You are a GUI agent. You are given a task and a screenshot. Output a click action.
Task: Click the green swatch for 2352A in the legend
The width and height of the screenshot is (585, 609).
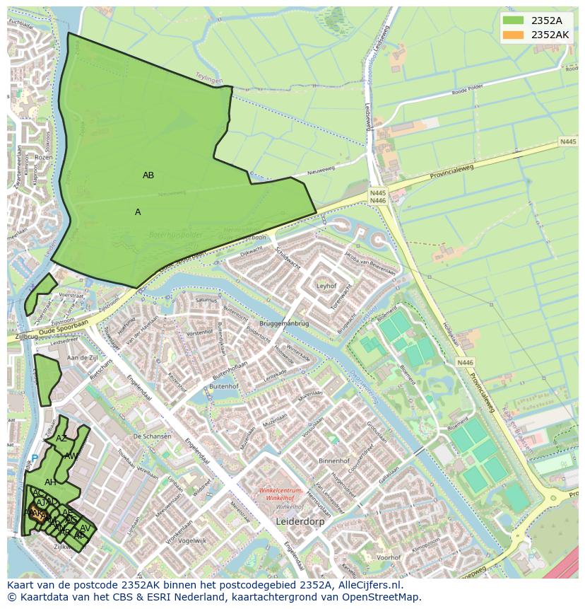coord(514,21)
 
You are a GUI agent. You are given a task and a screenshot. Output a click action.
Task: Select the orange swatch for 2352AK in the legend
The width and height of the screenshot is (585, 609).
coord(514,35)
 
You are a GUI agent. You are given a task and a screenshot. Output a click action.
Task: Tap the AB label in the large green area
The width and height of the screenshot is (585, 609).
coord(148,175)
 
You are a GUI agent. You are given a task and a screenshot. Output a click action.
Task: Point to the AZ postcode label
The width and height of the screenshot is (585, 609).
coord(61,439)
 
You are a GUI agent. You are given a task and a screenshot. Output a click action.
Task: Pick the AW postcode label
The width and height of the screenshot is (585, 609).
coord(71,456)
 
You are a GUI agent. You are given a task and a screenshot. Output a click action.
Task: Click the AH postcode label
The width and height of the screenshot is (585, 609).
coord(50,482)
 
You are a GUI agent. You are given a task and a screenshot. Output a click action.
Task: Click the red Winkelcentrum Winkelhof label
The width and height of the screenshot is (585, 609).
coord(280,494)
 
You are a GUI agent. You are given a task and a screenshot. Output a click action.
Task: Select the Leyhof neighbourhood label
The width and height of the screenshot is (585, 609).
coord(326,286)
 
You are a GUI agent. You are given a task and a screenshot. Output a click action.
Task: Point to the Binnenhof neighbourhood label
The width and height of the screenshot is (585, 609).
coord(334,460)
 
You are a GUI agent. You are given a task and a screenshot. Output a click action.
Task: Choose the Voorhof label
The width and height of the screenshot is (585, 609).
coord(388,557)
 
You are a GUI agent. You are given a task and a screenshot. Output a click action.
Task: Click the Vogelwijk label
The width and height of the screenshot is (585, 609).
coord(191,540)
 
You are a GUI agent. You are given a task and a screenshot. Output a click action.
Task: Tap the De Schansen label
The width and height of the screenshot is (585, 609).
coord(152,436)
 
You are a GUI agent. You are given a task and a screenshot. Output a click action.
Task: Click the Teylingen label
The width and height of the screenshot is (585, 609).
coord(209,78)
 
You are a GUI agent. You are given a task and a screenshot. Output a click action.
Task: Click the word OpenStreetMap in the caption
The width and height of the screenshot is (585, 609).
coord(379,597)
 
